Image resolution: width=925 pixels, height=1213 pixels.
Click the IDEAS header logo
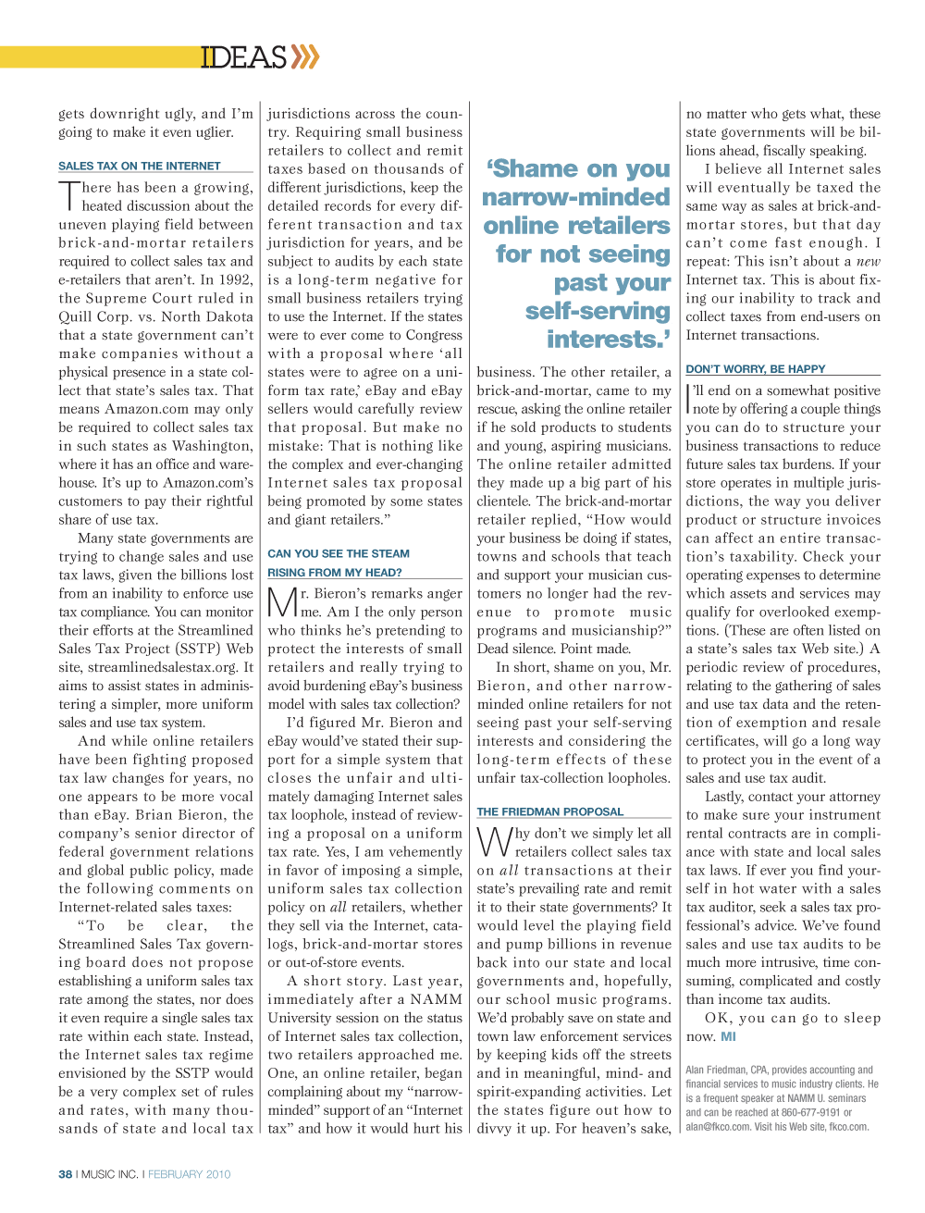[x=244, y=57]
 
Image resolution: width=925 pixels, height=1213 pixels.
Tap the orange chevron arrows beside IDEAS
[x=305, y=57]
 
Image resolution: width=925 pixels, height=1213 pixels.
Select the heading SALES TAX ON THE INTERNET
[x=140, y=167]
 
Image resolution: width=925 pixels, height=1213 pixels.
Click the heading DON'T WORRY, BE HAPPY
[x=756, y=369]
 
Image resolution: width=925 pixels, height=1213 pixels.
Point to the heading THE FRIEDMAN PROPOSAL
[x=550, y=812]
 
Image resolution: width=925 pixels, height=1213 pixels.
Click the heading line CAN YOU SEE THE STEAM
[x=339, y=554]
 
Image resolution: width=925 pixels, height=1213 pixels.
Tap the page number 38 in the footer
[x=66, y=1174]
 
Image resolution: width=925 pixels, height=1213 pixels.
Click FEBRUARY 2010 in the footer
[x=190, y=1174]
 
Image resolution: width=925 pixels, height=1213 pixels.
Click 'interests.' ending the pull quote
[x=608, y=340]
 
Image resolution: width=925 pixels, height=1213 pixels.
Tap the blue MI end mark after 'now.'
[x=729, y=1037]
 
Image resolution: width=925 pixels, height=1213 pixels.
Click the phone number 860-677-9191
[x=809, y=1113]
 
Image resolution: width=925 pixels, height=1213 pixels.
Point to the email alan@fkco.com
[x=718, y=1127]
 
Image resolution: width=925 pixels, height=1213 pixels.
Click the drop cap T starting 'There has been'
[x=69, y=196]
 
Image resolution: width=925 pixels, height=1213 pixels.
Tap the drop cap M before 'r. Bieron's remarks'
[x=281, y=603]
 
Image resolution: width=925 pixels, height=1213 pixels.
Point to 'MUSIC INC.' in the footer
[x=110, y=1174]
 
